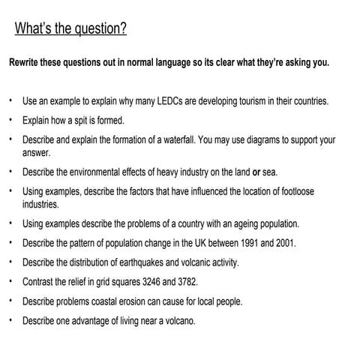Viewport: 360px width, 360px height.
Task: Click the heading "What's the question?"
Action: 70,29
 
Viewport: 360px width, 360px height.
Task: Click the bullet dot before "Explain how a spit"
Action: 11,119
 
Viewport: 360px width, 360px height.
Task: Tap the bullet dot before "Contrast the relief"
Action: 11,282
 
